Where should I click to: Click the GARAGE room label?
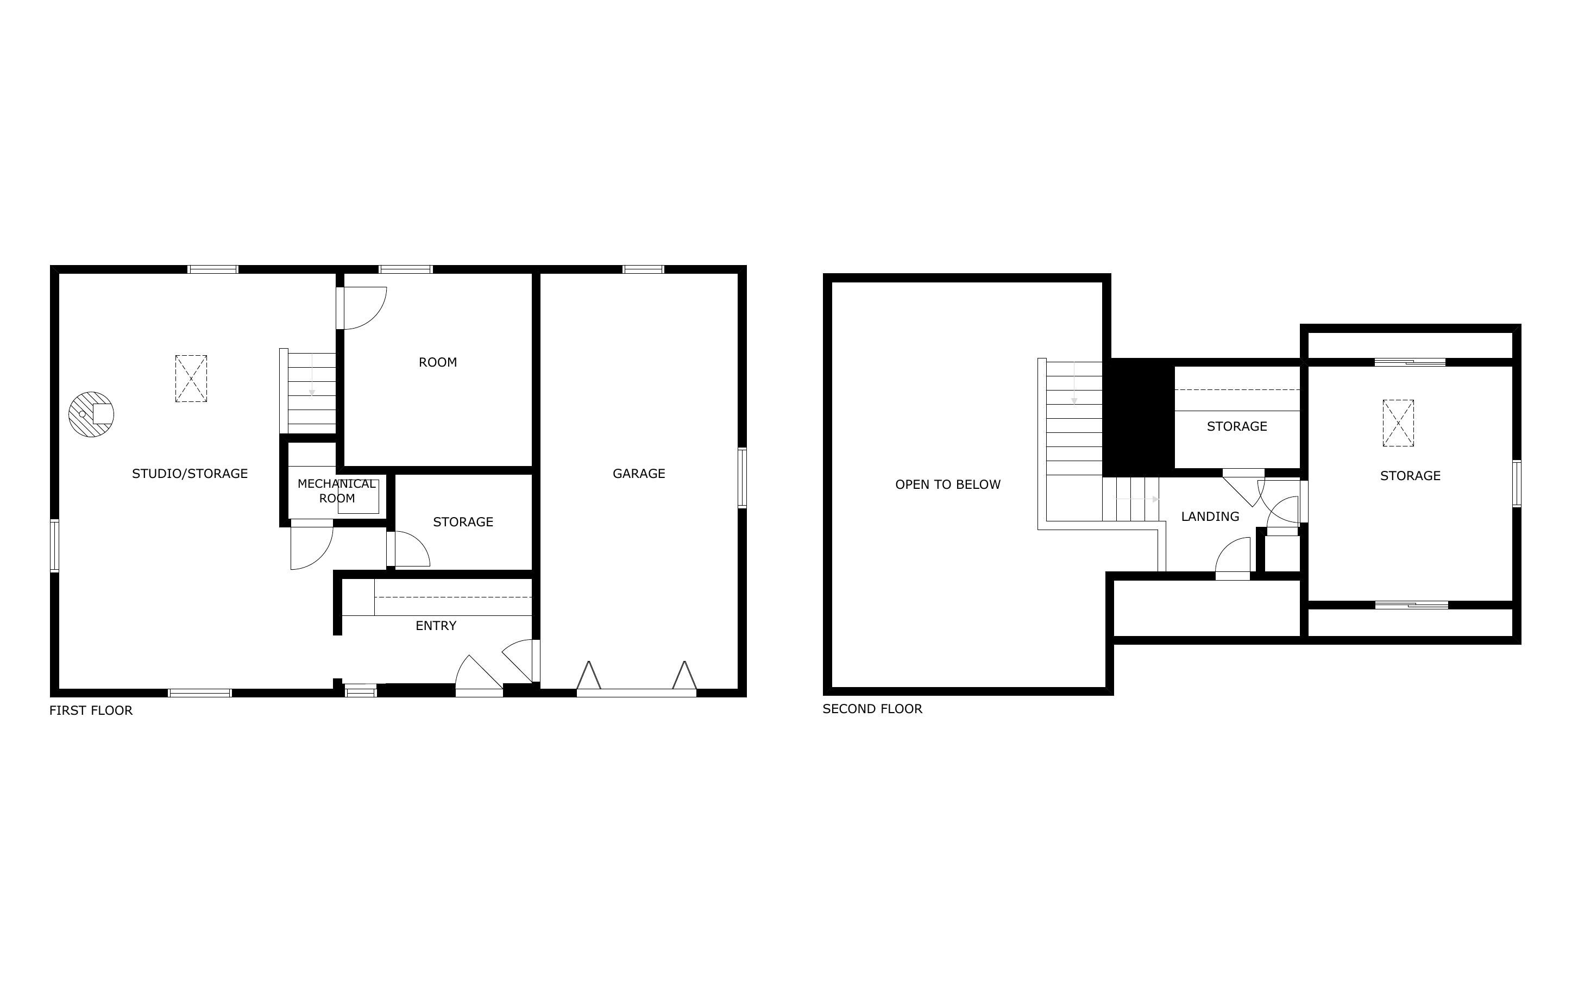[638, 474]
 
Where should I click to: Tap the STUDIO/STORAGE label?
[190, 474]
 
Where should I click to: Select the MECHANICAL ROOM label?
[336, 491]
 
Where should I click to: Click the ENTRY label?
[436, 626]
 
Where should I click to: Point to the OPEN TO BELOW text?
[947, 484]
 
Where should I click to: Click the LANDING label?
[1210, 517]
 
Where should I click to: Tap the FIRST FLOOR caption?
[91, 710]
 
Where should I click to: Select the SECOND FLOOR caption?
[872, 709]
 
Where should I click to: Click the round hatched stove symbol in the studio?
[91, 414]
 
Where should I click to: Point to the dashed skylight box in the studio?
[191, 379]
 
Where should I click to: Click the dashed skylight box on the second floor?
[1398, 423]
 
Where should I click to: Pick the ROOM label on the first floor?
[438, 362]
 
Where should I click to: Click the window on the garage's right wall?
[741, 477]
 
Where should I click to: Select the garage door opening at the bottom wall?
[636, 693]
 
